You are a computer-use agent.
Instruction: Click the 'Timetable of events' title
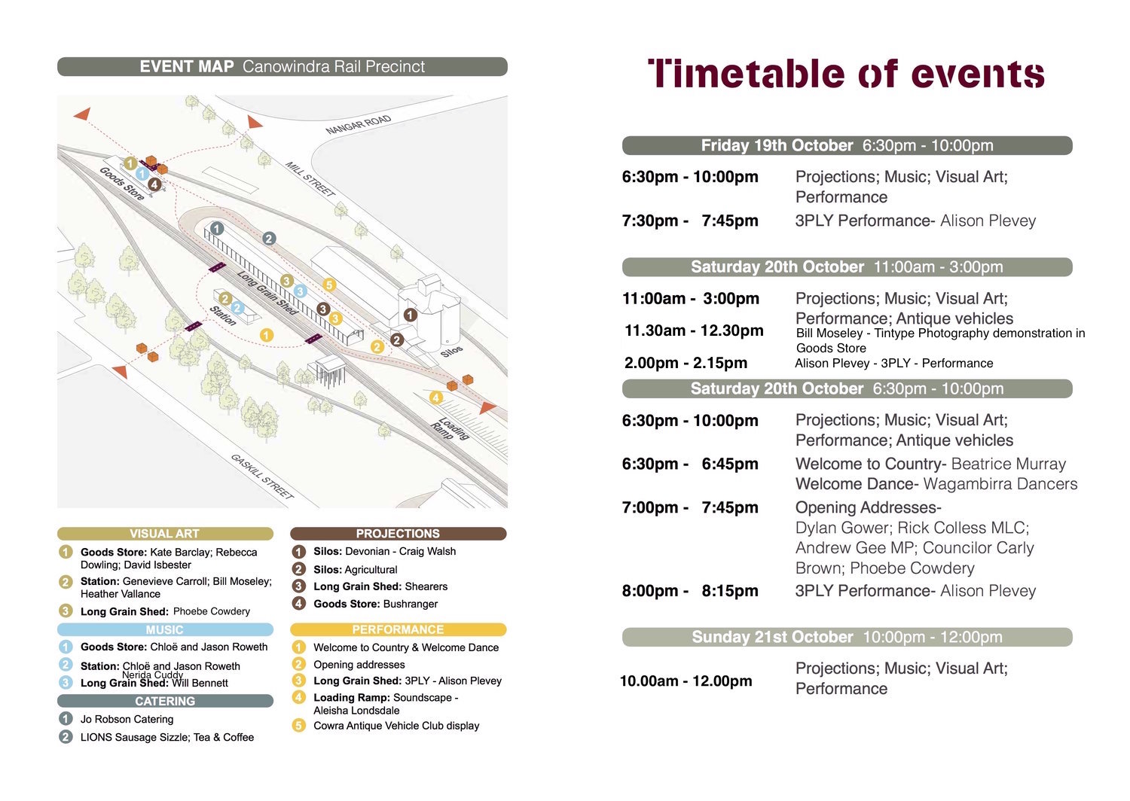[x=846, y=74]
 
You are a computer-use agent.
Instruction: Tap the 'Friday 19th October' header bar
[x=847, y=145]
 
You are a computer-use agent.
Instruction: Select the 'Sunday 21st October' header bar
[x=847, y=637]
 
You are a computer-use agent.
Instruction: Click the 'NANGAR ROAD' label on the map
[x=359, y=124]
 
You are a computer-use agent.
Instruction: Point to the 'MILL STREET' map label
[x=310, y=179]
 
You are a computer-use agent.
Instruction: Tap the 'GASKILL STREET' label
[x=261, y=476]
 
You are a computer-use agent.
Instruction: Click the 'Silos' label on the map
[x=451, y=352]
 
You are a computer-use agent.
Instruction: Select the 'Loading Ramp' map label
[x=450, y=428]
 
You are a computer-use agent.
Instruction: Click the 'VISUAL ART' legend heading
[x=164, y=534]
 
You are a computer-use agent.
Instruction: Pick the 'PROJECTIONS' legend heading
[x=398, y=534]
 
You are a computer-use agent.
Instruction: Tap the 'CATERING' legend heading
[x=164, y=701]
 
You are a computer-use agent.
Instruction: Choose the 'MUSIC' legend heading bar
[x=164, y=629]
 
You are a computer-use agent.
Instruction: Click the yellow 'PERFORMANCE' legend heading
[x=398, y=629]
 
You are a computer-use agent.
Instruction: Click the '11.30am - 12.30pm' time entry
[x=694, y=330]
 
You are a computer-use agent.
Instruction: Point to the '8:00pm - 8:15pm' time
[x=690, y=591]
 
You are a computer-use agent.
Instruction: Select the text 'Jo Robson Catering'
[x=127, y=719]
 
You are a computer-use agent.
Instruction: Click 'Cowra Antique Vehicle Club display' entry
[x=396, y=726]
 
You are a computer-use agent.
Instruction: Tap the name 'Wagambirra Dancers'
[x=1000, y=484]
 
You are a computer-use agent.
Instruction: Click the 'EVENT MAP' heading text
[x=187, y=66]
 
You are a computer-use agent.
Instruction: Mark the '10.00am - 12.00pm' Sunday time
[x=686, y=681]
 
